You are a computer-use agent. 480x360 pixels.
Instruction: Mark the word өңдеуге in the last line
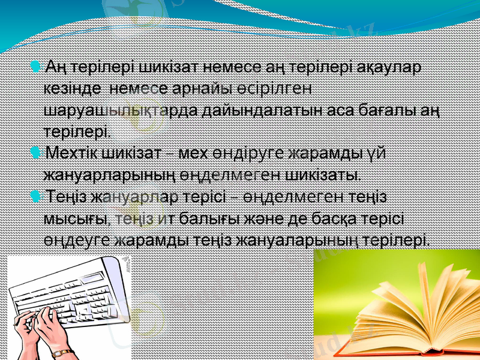pos(77,241)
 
